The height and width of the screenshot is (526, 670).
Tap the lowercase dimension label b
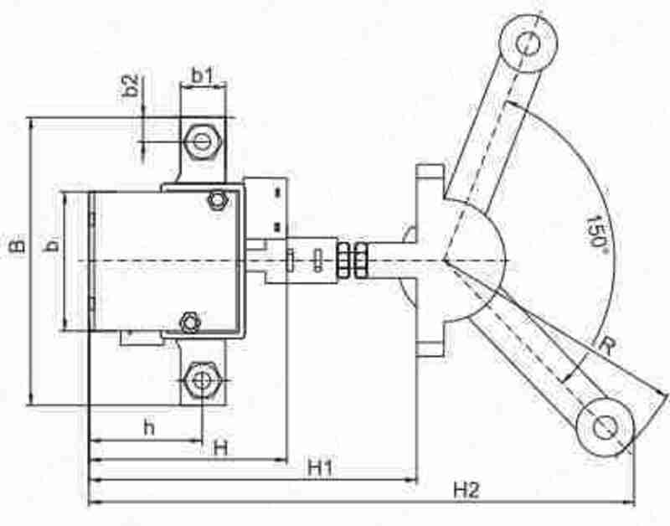52,246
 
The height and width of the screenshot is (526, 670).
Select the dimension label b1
203,75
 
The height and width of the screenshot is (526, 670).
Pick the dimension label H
220,448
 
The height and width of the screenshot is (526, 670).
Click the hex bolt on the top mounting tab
201,139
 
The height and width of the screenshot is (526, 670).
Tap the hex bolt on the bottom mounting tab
200,381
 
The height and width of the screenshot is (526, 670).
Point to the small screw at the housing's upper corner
218,199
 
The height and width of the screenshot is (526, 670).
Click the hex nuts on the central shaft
353,260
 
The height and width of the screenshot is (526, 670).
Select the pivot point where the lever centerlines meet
445,260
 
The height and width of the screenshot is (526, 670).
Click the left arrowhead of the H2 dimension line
91,502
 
